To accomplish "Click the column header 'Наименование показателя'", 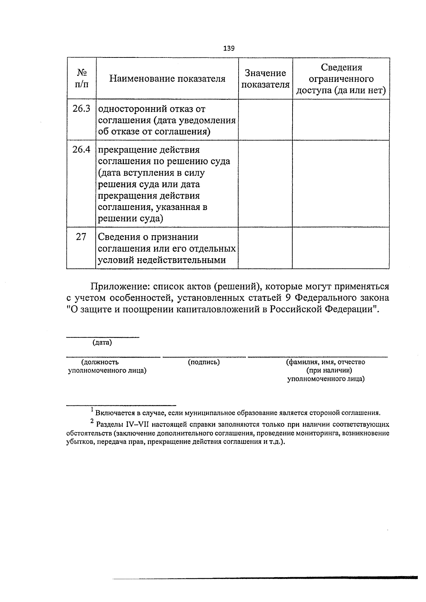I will coord(167,79).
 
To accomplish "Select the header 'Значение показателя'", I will coord(265,79).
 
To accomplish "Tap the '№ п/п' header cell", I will coord(82,79).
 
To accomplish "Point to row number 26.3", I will coord(81,109).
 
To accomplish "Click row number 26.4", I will coord(81,150).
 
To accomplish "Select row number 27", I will coord(81,237).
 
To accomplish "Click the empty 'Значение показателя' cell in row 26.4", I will coord(265,183).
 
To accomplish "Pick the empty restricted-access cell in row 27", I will coord(341,248).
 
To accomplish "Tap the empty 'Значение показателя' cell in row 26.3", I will coord(265,120).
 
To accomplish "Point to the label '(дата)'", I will coord(102,343).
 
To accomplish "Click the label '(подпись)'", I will coord(204,362).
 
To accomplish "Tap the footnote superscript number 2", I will coord(92,421).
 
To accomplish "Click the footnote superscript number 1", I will coord(92,410).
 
